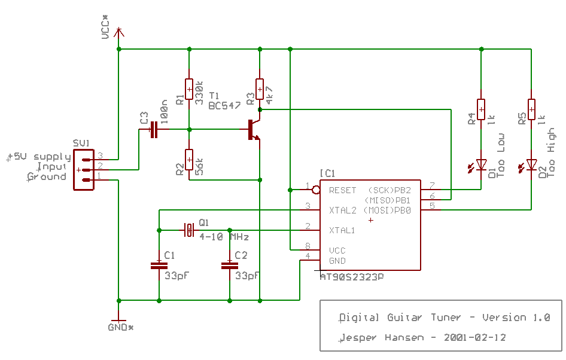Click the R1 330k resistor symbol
coord(188,89)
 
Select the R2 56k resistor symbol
coord(188,160)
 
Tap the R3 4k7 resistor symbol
coord(259,89)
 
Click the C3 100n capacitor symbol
coord(154,129)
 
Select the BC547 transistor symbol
coord(253,130)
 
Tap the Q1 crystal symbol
coord(189,230)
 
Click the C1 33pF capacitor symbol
coord(159,264)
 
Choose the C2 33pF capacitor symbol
coord(230,264)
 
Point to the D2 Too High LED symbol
coord(531,164)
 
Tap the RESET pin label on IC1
coord(342,190)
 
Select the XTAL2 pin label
coord(342,210)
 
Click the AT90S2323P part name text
coord(352,277)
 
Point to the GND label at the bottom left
coord(120,328)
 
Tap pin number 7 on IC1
coord(431,186)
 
